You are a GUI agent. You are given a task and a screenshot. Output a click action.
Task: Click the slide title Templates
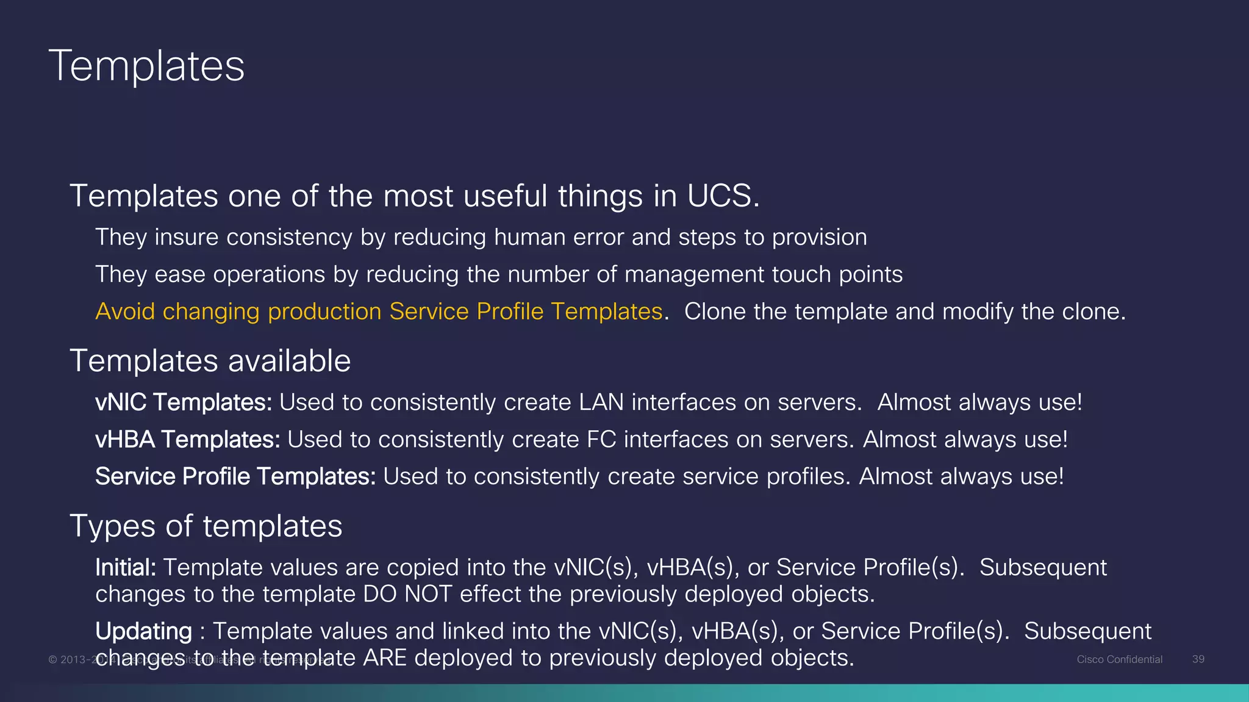[x=146, y=66]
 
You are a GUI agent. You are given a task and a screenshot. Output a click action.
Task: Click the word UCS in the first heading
[x=723, y=196]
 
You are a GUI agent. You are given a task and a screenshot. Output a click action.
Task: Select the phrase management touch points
[x=763, y=274]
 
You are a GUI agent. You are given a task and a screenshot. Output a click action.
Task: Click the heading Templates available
[x=210, y=361]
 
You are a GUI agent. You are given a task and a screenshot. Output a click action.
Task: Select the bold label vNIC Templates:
[x=183, y=402]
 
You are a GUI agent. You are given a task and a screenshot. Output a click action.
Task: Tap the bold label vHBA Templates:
[x=187, y=439]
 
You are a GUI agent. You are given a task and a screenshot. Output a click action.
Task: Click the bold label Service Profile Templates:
[x=235, y=477]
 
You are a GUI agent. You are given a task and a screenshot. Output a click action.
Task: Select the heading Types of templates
[x=206, y=526]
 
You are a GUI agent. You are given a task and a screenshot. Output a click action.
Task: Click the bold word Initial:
[x=126, y=567]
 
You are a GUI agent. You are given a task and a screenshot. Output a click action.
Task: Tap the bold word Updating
[x=143, y=631]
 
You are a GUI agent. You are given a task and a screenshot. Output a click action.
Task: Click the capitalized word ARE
[x=384, y=658]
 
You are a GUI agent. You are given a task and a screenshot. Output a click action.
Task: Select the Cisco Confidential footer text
[x=1119, y=659]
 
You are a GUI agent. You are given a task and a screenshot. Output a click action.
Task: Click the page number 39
[x=1198, y=659]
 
